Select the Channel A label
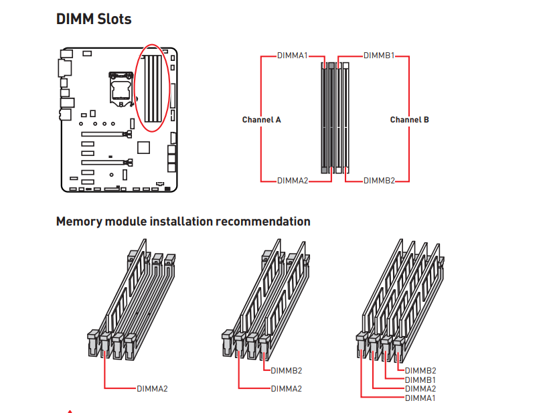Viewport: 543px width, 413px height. pos(261,120)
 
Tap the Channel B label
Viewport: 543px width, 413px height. pos(410,120)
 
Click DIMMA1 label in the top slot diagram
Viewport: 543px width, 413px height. pos(293,56)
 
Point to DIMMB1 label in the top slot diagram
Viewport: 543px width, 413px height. pos(379,56)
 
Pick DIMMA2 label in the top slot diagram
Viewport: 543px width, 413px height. pos(293,181)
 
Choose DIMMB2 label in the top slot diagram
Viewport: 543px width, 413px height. pos(379,181)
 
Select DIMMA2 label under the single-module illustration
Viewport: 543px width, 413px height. pos(152,388)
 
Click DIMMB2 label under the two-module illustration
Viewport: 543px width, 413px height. pos(287,370)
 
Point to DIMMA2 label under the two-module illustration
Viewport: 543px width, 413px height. pos(287,388)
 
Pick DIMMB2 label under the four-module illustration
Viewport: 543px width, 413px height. pos(420,370)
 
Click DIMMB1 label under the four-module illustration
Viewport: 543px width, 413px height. pos(420,380)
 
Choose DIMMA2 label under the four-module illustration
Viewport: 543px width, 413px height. pos(420,388)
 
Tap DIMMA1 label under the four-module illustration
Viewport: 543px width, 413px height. pos(420,398)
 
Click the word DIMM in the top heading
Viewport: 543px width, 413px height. pos(74,19)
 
